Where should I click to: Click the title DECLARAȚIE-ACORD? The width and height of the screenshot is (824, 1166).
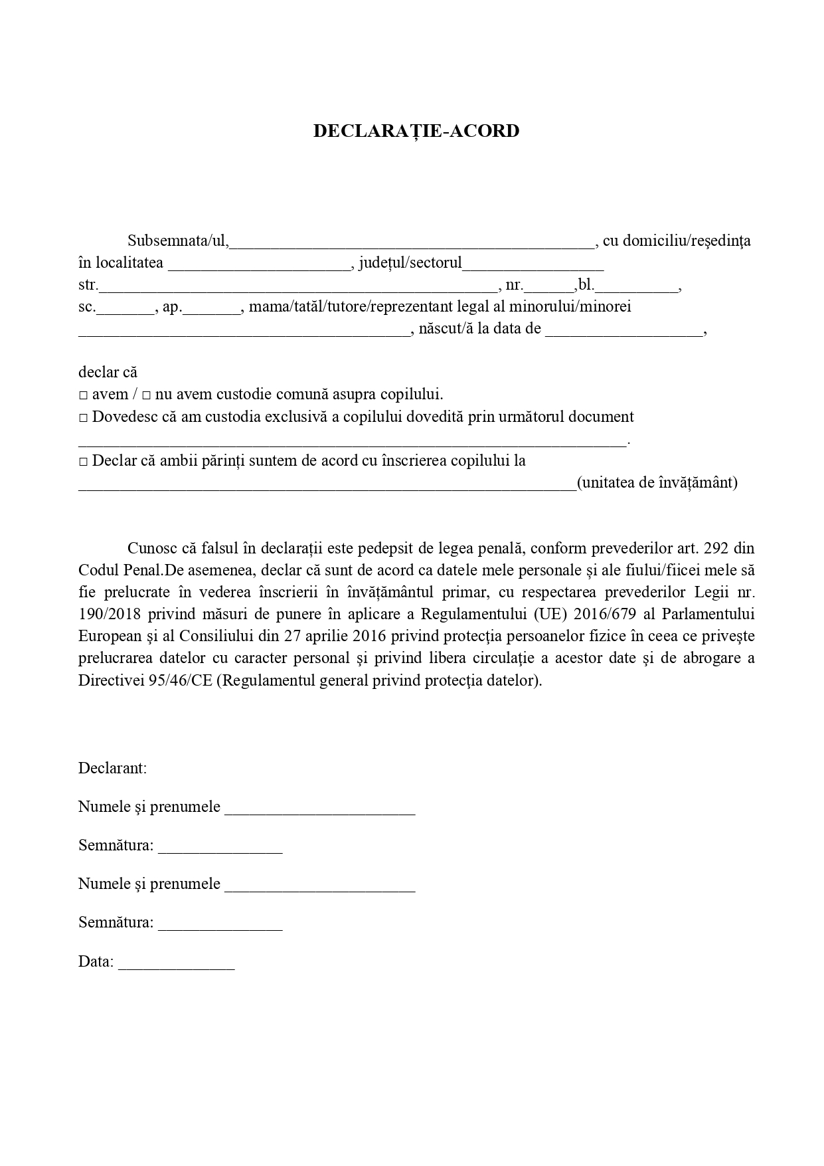[x=416, y=131]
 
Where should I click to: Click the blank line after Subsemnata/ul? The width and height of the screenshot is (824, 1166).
[x=412, y=241]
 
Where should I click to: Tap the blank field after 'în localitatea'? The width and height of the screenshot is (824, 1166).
[x=259, y=264]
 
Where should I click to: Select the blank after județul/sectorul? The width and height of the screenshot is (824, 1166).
[x=533, y=264]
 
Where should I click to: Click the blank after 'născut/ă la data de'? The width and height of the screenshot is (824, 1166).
[x=623, y=330]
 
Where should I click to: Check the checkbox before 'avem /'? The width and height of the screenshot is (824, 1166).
[x=84, y=395]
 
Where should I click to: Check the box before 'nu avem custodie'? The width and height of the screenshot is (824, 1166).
[x=147, y=395]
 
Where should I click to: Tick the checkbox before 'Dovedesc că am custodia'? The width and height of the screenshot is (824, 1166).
[x=84, y=418]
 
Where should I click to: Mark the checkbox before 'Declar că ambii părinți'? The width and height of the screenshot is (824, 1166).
[x=84, y=462]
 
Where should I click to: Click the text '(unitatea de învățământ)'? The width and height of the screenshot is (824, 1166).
[x=657, y=483]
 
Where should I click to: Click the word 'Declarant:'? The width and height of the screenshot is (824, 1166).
[x=112, y=769]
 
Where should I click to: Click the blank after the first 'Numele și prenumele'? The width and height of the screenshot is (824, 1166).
[x=319, y=808]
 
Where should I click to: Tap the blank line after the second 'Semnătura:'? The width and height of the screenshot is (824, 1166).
[x=220, y=923]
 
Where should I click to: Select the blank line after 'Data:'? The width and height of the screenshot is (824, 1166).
[x=176, y=962]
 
